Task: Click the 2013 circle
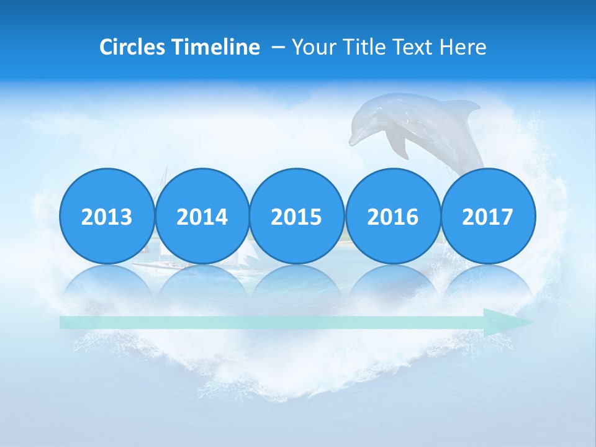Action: [107, 216]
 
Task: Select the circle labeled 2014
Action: [202, 216]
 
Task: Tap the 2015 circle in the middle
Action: [297, 216]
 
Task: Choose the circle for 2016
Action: [392, 216]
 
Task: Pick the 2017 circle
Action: [488, 216]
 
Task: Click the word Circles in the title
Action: [133, 47]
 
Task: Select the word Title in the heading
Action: [358, 47]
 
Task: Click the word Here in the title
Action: [463, 47]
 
